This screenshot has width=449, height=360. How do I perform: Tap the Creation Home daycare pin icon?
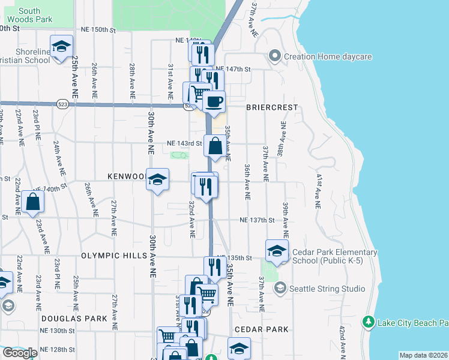pyautogui.click(x=276, y=57)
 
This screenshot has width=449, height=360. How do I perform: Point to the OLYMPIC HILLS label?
pyautogui.click(x=115, y=256)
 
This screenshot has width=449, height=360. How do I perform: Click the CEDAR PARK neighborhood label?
pyautogui.click(x=261, y=330)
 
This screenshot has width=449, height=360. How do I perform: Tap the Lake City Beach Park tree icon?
pyautogui.click(x=369, y=323)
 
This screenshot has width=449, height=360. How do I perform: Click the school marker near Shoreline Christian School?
pyautogui.click(x=61, y=47)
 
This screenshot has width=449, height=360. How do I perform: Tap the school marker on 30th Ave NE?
pyautogui.click(x=157, y=179)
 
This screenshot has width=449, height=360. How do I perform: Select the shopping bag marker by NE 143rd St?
pyautogui.click(x=215, y=146)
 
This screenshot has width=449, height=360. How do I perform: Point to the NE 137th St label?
pyautogui.click(x=256, y=220)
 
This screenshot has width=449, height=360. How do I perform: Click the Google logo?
pyautogui.click(x=20, y=353)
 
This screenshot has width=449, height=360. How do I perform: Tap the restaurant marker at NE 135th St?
pyautogui.click(x=214, y=267)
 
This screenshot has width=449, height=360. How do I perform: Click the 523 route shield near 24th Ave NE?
pyautogui.click(x=62, y=104)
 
